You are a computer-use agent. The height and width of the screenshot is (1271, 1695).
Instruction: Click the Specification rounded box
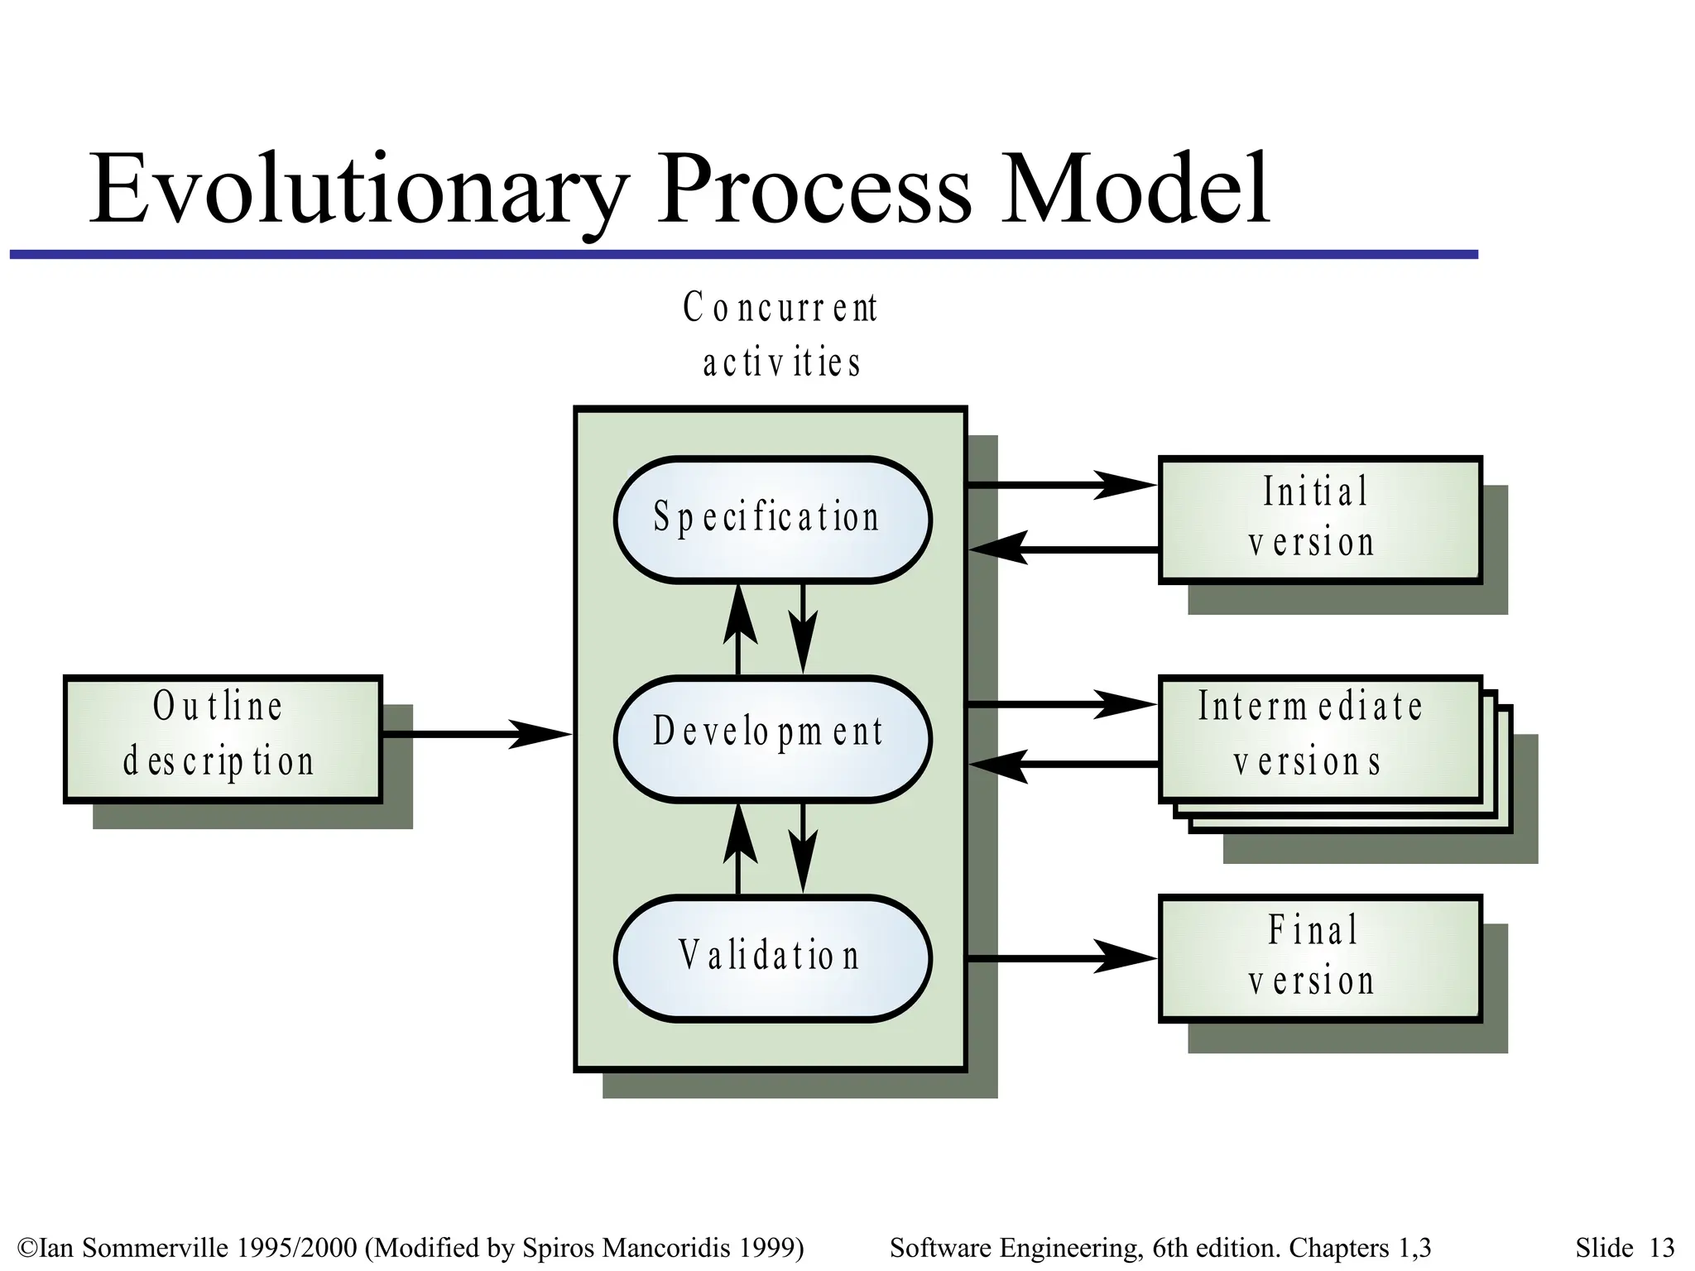772,519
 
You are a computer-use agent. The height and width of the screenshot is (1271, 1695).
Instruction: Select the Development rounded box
772,738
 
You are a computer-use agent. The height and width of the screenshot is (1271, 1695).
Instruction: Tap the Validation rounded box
772,957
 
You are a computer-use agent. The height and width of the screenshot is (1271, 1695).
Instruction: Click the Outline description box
223,738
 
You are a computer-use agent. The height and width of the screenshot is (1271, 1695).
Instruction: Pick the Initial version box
1319,519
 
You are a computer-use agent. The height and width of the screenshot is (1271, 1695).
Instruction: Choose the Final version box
1319,957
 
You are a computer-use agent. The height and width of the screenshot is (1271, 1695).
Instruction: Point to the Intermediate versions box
1319,736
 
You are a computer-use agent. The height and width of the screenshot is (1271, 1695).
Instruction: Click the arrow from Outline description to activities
476,734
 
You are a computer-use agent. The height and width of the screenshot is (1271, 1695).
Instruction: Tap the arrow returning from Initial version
1063,549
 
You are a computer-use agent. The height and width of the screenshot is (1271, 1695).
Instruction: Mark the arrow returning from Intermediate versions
1063,765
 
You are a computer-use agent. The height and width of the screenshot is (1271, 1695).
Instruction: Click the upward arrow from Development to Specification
739,629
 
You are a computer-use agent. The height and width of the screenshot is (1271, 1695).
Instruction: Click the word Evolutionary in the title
358,189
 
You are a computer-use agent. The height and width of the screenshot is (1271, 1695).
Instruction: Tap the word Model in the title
1134,189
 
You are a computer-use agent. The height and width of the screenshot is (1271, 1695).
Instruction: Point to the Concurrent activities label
780,335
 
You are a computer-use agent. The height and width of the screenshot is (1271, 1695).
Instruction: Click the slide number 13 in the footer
1661,1247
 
